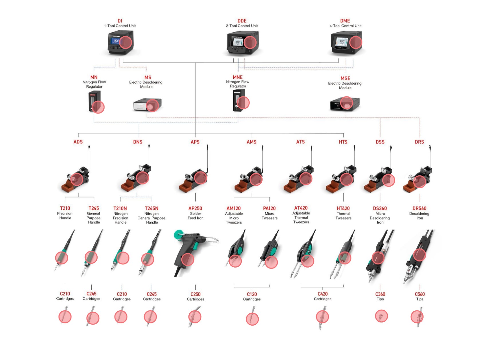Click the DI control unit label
(120, 21)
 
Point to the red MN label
(94, 77)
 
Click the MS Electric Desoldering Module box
(147, 105)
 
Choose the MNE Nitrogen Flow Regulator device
(239, 100)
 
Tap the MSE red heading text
(345, 78)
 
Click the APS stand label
(195, 142)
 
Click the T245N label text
(151, 208)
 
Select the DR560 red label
(419, 208)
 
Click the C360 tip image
(381, 316)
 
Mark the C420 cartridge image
(322, 317)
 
